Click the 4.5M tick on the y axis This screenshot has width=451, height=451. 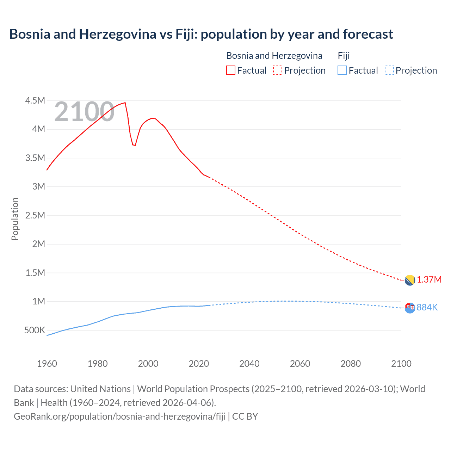35,101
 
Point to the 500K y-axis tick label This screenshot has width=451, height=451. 35,330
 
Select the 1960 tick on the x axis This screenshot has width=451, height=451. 47,364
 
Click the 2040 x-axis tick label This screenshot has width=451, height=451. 249,364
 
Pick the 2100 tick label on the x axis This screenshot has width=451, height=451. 401,364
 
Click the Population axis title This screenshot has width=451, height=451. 15,219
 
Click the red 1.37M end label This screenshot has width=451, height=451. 429,280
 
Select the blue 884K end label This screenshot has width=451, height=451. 427,308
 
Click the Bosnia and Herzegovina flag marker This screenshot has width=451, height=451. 409,280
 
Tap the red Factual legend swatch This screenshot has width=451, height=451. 230,70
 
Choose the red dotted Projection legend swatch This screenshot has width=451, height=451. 278,70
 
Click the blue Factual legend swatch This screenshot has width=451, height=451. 342,70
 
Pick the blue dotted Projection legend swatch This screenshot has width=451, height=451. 389,70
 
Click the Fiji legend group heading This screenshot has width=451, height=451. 344,56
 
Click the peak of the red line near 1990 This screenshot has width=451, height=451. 125,103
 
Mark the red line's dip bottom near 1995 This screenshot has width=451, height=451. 134,145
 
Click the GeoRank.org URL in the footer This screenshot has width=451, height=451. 119,416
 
